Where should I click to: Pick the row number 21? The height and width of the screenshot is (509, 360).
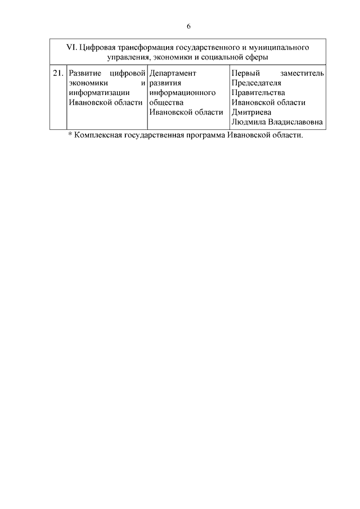pos(58,74)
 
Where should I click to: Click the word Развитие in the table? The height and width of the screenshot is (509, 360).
pos(84,74)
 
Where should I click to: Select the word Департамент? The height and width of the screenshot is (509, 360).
pos(173,74)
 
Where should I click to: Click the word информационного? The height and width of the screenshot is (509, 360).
pos(183,93)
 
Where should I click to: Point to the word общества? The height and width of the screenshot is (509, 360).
pos(167,102)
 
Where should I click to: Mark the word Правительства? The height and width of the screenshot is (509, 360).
pos(258,93)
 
